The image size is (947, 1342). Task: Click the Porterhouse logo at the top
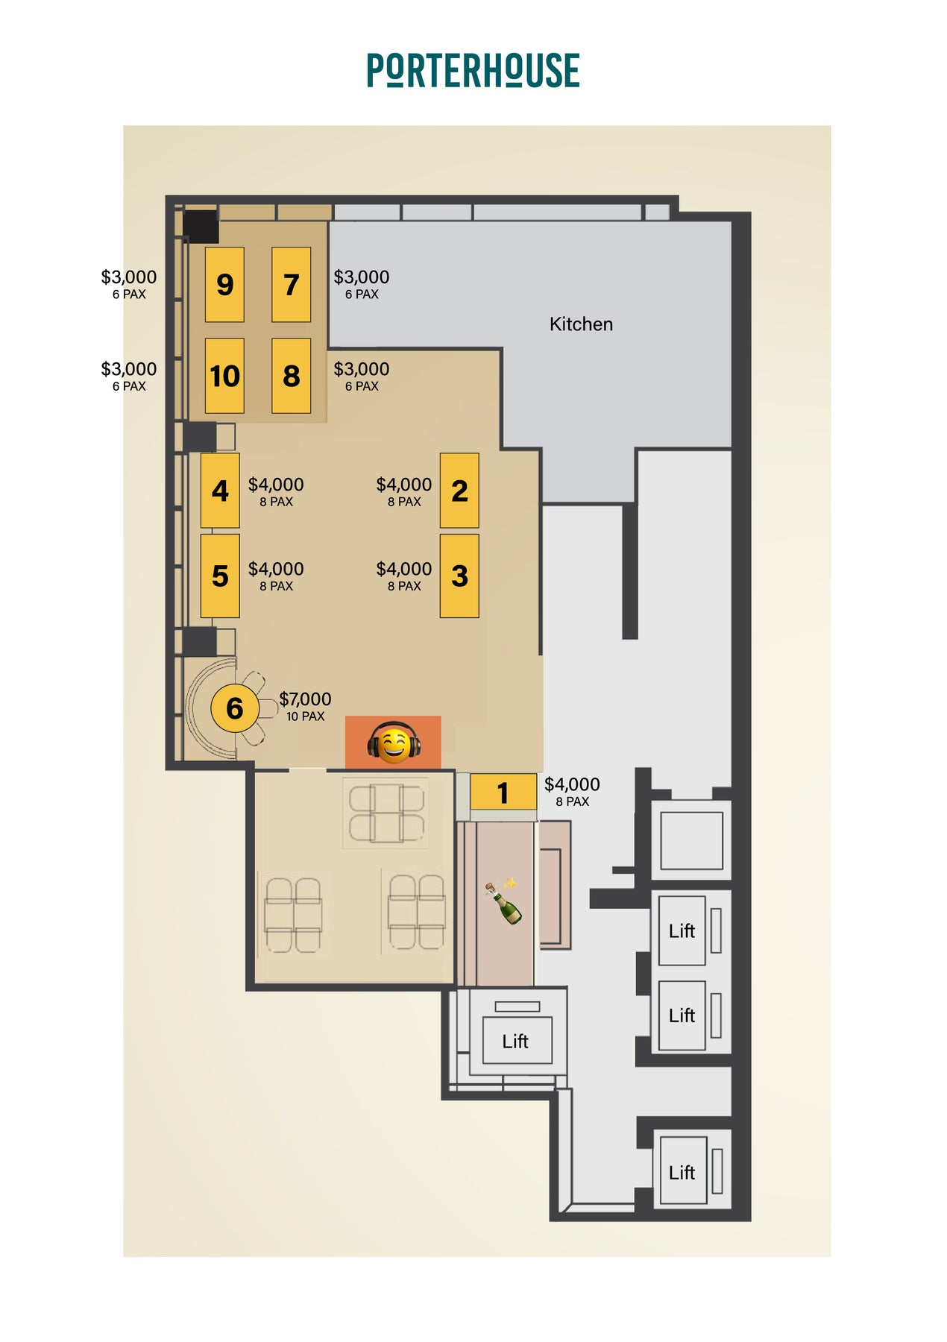(x=473, y=70)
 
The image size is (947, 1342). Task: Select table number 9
(x=224, y=284)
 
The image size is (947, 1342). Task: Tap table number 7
(x=291, y=284)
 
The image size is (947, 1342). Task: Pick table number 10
(x=224, y=376)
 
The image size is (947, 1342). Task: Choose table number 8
(x=291, y=376)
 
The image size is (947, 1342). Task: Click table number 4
(x=220, y=491)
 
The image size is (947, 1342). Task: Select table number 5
(x=220, y=576)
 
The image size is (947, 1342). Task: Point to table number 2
(x=459, y=491)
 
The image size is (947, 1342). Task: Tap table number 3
(x=459, y=576)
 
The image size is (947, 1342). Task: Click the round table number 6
(x=235, y=708)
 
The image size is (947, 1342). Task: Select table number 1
(x=503, y=792)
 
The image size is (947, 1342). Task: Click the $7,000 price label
(x=305, y=699)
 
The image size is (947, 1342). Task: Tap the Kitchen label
(x=581, y=324)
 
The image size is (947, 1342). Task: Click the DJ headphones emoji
(x=394, y=743)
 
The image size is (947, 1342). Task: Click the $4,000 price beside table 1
(x=572, y=784)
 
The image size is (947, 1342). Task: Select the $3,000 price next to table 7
(x=362, y=277)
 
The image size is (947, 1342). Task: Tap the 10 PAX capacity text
(x=306, y=716)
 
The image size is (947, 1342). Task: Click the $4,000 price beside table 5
(x=276, y=569)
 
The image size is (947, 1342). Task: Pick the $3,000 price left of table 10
(x=129, y=369)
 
